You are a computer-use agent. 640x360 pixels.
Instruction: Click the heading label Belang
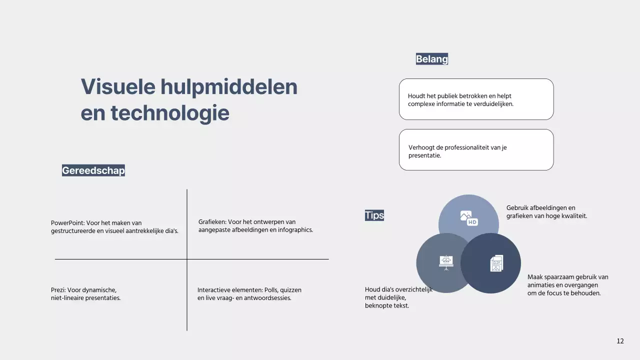[432, 59]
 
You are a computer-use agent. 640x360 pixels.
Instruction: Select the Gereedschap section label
[93, 170]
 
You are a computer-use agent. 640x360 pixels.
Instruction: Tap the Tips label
[374, 215]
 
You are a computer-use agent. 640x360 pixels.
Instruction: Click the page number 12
[620, 341]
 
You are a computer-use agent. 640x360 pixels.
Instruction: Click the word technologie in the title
[170, 113]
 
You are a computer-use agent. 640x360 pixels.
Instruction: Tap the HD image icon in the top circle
[469, 218]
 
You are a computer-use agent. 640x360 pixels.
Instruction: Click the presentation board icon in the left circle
[445, 262]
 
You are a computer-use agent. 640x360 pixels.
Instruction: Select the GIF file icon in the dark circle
[496, 263]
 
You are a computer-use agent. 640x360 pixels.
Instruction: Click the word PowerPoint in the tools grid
[67, 223]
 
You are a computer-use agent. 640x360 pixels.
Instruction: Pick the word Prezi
[58, 290]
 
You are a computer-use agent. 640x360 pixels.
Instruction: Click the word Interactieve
[214, 290]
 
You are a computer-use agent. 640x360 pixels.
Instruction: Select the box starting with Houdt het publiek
[476, 99]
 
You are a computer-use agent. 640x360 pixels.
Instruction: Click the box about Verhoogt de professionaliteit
[476, 150]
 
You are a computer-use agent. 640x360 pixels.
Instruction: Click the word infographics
[295, 230]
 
